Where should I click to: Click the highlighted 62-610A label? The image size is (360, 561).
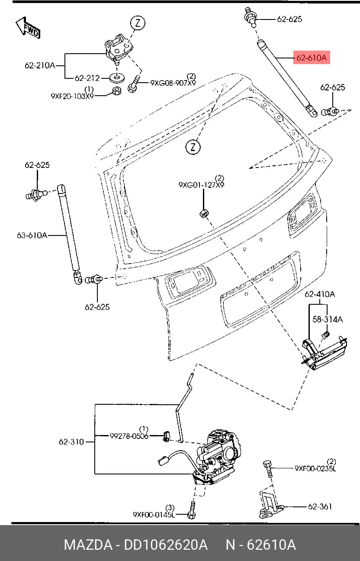click(312, 58)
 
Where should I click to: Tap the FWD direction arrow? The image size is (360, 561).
click(28, 28)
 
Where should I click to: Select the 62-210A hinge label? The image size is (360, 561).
click(39, 66)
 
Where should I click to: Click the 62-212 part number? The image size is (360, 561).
click(87, 78)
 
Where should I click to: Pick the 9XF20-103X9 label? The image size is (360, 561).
click(72, 96)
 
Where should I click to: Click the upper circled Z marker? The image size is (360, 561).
click(138, 23)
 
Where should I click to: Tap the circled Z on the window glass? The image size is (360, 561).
click(193, 147)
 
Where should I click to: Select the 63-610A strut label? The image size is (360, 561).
click(32, 235)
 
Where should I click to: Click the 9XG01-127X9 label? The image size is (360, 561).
click(201, 185)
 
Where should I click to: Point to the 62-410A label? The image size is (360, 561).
click(320, 294)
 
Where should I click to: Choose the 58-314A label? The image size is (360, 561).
click(328, 319)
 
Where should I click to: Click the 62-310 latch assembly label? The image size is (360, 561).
click(71, 442)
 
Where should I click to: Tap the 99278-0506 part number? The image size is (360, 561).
click(129, 436)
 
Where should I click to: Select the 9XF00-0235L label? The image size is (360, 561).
click(315, 468)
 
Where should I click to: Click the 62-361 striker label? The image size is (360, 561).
click(320, 506)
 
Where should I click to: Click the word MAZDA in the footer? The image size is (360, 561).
click(88, 545)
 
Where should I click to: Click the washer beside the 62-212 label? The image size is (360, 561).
click(117, 78)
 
